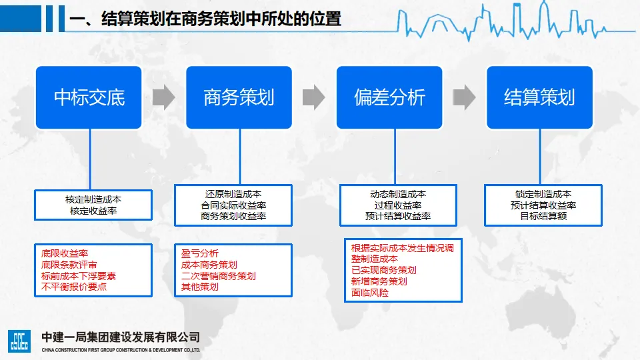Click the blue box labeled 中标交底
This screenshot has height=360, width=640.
click(89, 97)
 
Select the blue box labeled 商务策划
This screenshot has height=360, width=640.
click(239, 97)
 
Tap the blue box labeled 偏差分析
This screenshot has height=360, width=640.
click(389, 97)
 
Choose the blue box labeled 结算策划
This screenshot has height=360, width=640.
click(539, 97)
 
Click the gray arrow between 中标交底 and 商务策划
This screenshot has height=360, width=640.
click(163, 97)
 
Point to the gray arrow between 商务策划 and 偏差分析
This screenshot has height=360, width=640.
click(313, 97)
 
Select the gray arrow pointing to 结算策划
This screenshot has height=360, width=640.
click(464, 97)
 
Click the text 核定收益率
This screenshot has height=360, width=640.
click(93, 211)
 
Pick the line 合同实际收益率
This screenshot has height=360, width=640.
click(233, 205)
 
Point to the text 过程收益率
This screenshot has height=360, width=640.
click(398, 205)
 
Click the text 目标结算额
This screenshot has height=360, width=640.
click(543, 216)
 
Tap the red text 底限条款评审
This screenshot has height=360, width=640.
click(69, 265)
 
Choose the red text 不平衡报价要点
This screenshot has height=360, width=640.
click(74, 287)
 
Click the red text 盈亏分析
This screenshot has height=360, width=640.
click(200, 253)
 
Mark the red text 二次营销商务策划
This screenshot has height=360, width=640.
click(219, 275)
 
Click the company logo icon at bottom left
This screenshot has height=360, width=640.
click(19, 340)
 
